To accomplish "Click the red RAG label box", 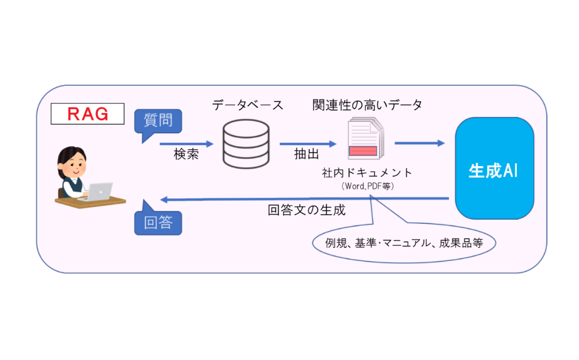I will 88,114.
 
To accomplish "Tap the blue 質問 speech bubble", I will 158,120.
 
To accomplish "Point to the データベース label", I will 247,105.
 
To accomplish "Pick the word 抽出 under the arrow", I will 306,154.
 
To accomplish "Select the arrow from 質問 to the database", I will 187,144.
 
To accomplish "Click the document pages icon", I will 365,138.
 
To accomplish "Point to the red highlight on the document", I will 364,151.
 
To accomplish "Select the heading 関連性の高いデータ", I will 367,105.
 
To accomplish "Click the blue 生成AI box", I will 494,169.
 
